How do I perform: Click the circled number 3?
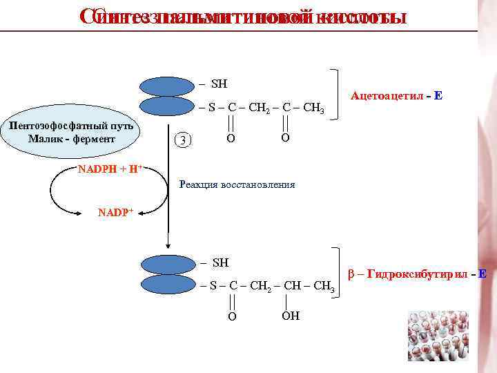(x=182, y=140)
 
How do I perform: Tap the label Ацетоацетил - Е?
(x=396, y=97)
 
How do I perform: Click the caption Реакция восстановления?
(x=237, y=185)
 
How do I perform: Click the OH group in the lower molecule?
(x=290, y=316)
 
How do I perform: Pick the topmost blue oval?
(x=167, y=86)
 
